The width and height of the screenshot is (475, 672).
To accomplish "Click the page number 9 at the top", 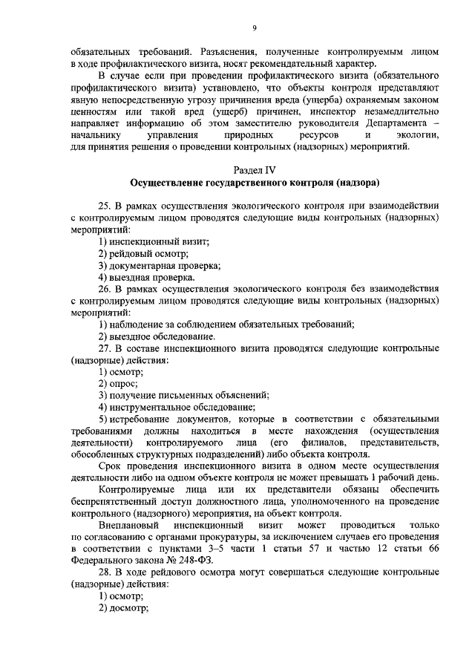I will point(254,27).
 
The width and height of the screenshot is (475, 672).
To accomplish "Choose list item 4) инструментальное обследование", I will point(177,407).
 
